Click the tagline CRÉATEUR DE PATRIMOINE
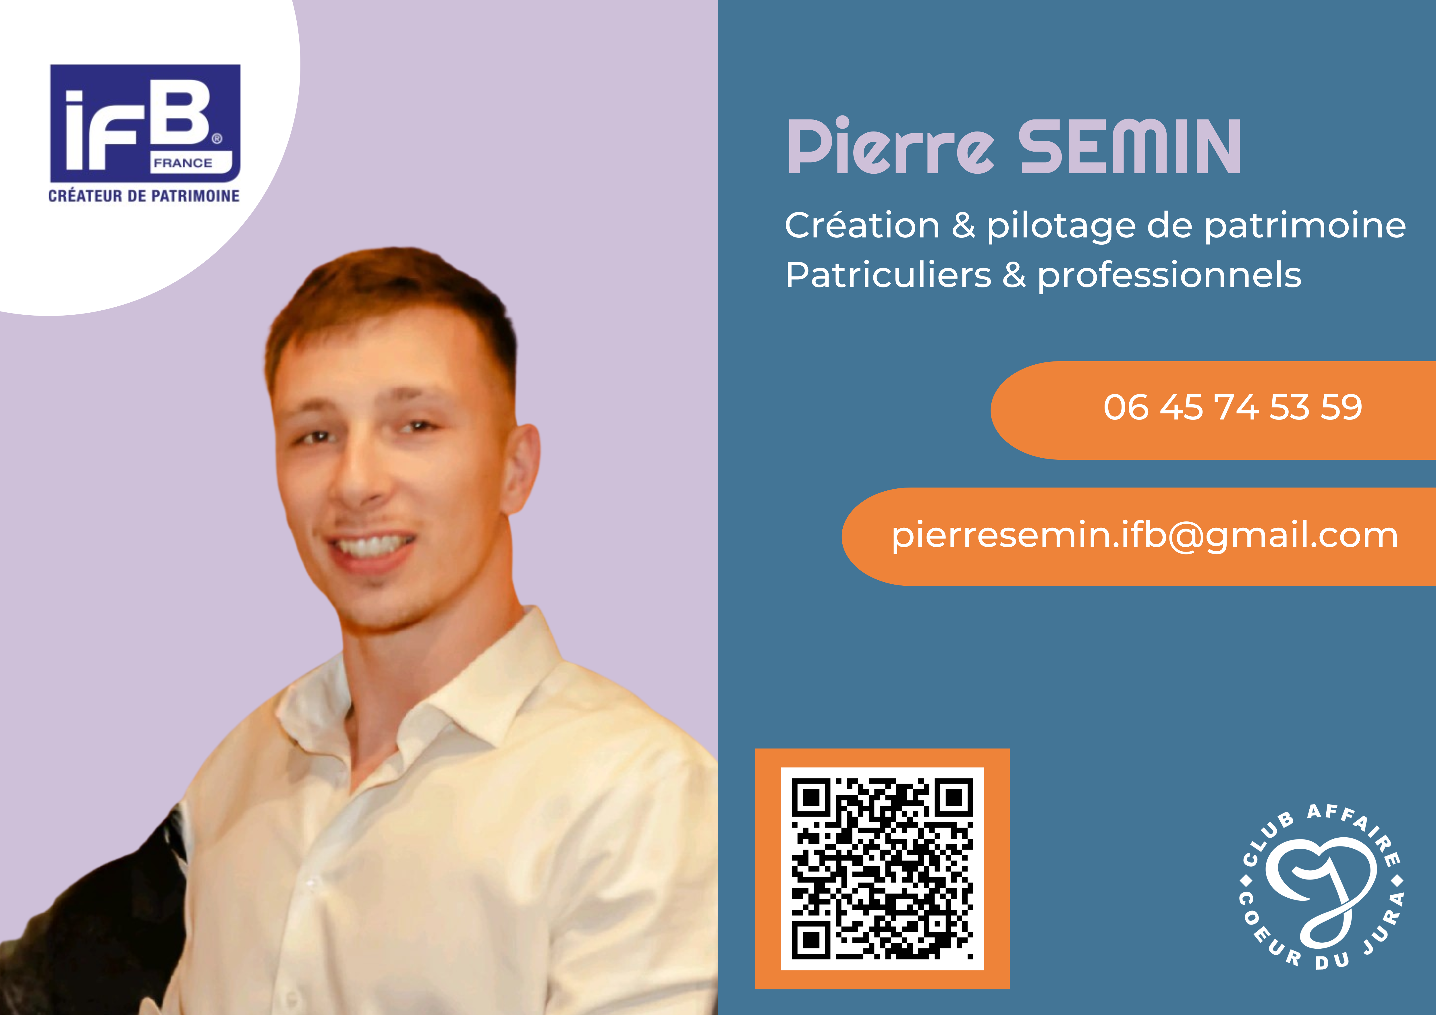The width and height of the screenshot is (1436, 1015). (144, 196)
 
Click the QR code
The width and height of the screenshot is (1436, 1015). (883, 869)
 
